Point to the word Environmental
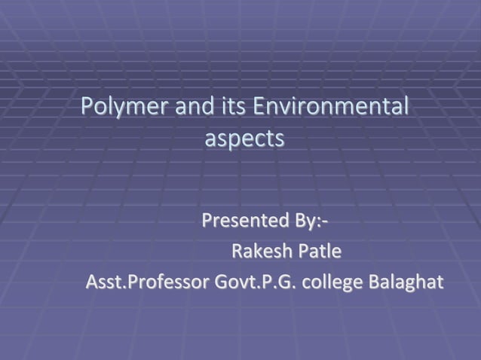[332, 106]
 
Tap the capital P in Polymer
[87, 106]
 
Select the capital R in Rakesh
[236, 251]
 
